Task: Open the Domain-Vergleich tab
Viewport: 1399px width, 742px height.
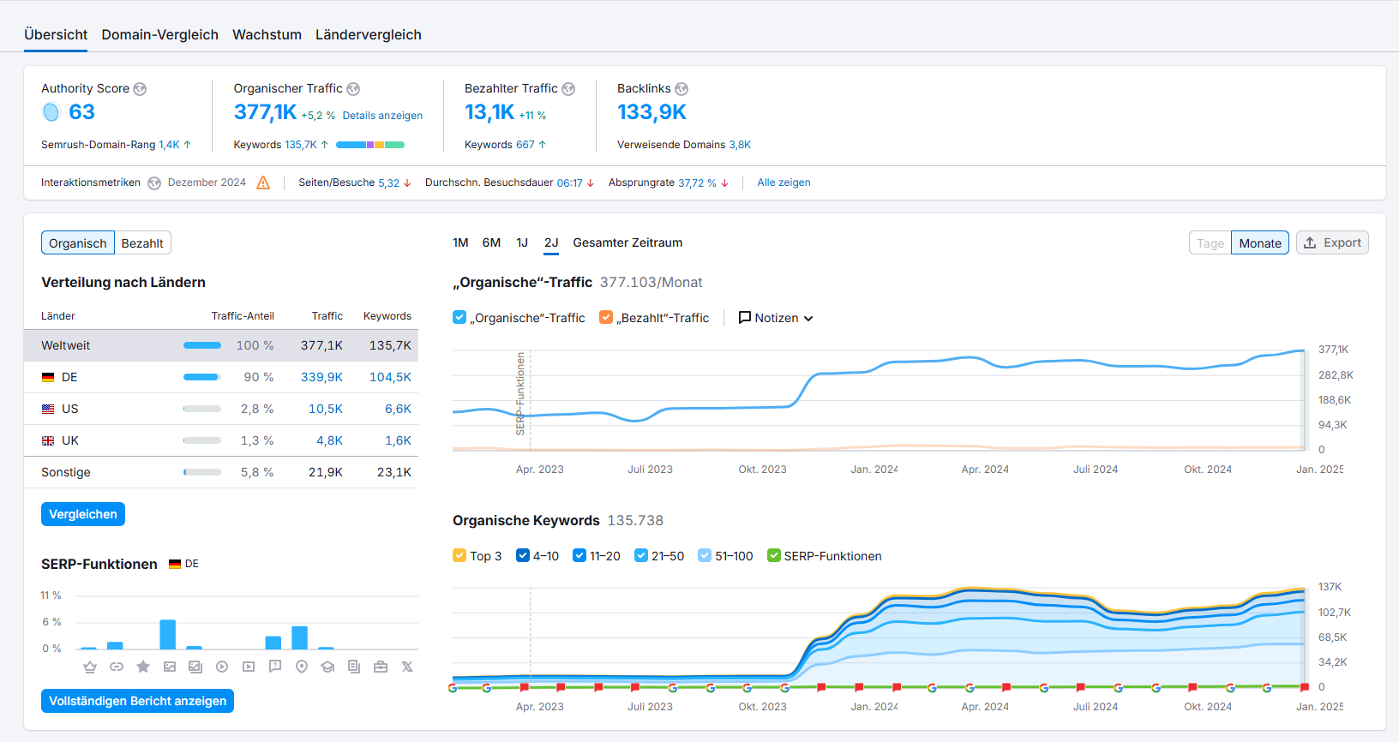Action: (x=159, y=34)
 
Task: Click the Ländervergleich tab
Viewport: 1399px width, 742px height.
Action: (x=368, y=34)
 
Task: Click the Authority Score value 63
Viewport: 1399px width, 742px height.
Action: (x=81, y=112)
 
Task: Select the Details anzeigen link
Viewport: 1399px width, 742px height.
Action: (x=382, y=116)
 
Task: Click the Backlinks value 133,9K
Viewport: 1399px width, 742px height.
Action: (x=651, y=112)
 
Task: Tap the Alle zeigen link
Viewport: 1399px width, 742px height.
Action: (x=784, y=183)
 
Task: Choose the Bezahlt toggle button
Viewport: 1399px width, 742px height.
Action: (x=142, y=243)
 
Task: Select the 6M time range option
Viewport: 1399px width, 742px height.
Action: (x=491, y=242)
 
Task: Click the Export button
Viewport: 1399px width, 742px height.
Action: (x=1332, y=242)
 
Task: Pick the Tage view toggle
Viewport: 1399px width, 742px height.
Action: (x=1210, y=243)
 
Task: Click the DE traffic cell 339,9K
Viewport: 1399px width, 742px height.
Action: (x=321, y=377)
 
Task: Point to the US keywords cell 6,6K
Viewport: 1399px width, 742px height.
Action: (x=398, y=409)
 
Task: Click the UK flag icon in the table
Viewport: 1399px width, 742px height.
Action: (x=48, y=440)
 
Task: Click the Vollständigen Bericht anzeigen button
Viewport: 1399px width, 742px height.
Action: (x=137, y=701)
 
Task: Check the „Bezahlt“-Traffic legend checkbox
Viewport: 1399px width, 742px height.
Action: (x=606, y=317)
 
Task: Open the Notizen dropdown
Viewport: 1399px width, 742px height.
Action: (x=776, y=318)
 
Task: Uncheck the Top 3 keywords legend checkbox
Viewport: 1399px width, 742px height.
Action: (x=459, y=555)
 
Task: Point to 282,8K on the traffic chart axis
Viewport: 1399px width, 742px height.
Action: (x=1335, y=375)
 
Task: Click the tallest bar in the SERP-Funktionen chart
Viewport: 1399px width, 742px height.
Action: (x=167, y=634)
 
